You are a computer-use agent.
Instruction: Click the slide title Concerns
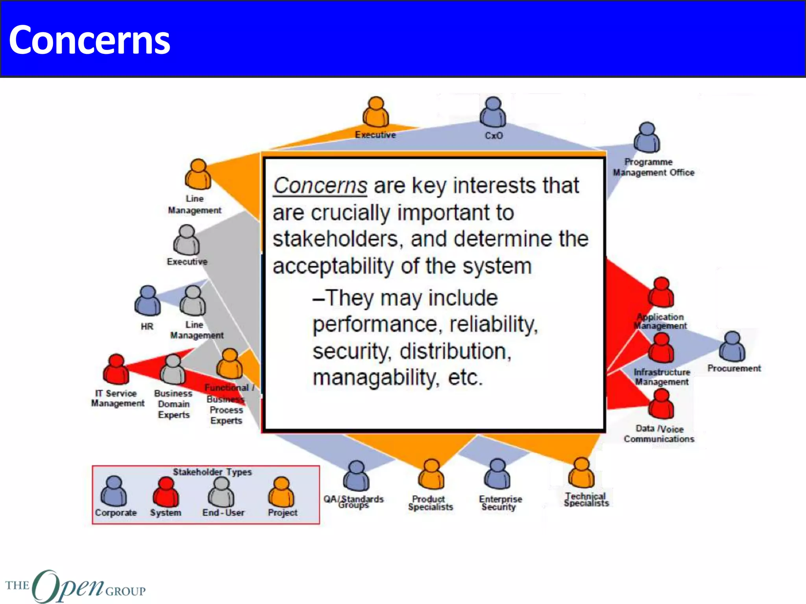point(89,40)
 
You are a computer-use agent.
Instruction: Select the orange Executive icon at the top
point(376,112)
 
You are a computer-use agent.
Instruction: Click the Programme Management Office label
point(653,167)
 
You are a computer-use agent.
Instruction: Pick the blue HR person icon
point(148,301)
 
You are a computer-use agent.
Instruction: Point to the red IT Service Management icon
point(116,370)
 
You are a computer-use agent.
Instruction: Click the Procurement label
point(734,368)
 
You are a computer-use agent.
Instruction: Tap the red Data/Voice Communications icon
point(661,404)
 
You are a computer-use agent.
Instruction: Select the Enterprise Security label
point(500,503)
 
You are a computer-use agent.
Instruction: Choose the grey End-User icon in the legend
point(221,492)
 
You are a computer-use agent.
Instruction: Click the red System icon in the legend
point(166,492)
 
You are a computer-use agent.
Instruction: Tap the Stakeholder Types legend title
point(212,472)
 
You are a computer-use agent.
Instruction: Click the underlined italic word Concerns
point(320,186)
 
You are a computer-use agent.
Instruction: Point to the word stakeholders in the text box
point(335,239)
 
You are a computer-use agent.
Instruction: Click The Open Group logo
point(75,586)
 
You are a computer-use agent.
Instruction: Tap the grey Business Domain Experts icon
point(173,370)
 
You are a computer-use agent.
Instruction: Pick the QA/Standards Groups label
point(353,502)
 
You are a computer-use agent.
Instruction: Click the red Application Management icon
point(661,293)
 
